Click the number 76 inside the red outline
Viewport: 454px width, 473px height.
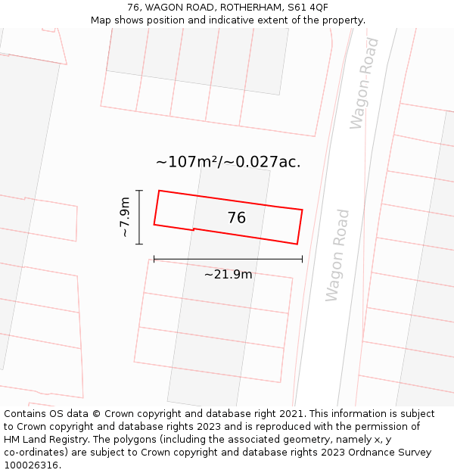point(236,218)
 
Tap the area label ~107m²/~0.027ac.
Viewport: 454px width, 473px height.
point(228,162)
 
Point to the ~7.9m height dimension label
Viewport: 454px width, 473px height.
point(125,217)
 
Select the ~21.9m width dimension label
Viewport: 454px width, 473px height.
point(228,274)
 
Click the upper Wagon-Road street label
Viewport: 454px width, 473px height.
point(364,83)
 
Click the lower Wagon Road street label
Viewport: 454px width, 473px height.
point(337,256)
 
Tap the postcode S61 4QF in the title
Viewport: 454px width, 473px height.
point(308,8)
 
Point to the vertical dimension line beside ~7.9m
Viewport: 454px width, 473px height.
point(139,217)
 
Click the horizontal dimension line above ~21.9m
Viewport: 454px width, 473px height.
point(228,259)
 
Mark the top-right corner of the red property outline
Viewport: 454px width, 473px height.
point(303,210)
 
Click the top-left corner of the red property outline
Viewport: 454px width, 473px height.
point(158,191)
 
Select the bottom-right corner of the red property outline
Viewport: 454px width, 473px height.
point(297,244)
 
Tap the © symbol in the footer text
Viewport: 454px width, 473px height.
point(96,414)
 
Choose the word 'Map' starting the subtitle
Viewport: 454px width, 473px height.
point(102,20)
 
